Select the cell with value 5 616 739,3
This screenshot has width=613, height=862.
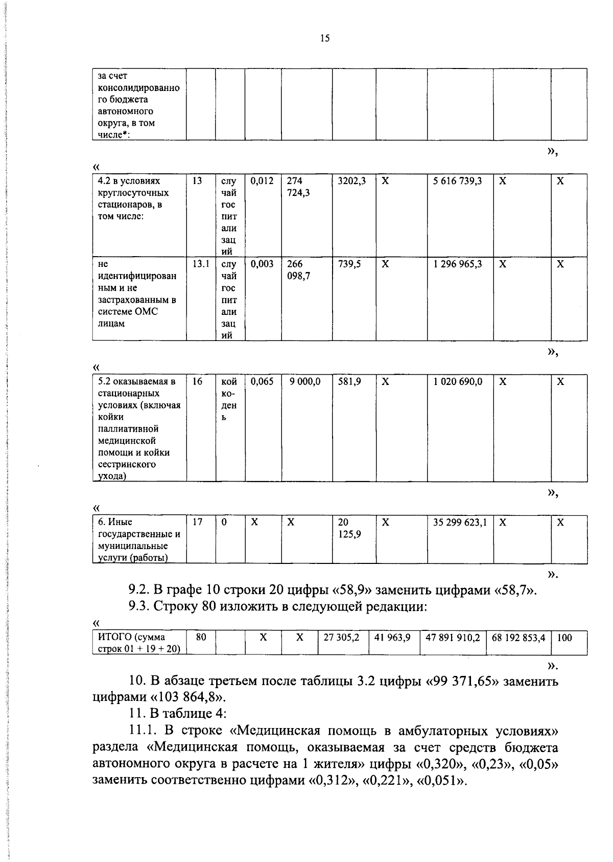pos(458,181)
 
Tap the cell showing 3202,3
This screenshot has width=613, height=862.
pos(352,181)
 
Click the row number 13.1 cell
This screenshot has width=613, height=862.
pos(201,264)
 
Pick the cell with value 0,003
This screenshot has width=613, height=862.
pos(262,264)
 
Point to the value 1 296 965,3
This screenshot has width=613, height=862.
pos(458,264)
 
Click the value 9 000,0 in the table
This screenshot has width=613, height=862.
pos(305,381)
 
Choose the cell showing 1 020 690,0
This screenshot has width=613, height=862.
pos(458,381)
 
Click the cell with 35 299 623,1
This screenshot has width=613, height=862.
pos(460,523)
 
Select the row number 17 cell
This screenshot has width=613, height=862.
pos(198,523)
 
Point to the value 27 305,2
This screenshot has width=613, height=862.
pos(342,638)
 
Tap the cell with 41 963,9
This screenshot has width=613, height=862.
pos(393,638)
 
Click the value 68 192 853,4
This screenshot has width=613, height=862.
pos(518,638)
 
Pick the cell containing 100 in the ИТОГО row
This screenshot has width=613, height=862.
pos(564,638)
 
